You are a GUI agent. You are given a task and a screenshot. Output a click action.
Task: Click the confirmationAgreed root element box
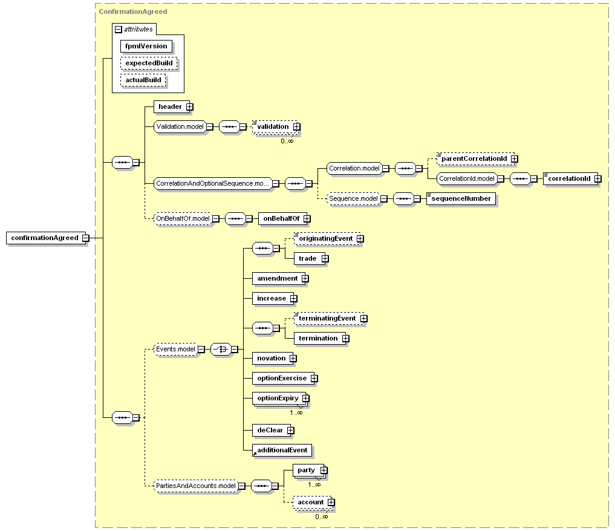pos(46,238)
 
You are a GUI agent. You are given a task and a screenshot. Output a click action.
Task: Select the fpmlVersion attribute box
pos(146,47)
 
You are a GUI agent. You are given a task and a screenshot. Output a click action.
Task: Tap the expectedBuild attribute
pos(149,63)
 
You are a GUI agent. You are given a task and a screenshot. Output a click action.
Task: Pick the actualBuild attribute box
pos(143,80)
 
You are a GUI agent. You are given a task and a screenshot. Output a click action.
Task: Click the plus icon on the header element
pos(190,106)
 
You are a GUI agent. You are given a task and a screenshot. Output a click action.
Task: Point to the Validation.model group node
pos(180,126)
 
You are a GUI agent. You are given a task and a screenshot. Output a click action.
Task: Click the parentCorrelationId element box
pos(476,159)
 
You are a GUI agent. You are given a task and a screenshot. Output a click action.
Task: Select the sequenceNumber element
pos(461,199)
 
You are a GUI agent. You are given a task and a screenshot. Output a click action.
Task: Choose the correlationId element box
pos(571,179)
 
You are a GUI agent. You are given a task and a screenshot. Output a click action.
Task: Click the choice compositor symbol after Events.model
pos(221,349)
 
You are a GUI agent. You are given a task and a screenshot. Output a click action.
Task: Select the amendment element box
pos(279,278)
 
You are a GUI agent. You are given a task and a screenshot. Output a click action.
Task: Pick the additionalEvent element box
pos(282,450)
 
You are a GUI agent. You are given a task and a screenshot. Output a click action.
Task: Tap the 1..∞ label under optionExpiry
pos(296,412)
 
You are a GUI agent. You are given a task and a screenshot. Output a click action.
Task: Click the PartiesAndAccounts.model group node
pos(196,486)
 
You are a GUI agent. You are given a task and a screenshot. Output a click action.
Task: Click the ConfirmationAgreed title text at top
pos(133,11)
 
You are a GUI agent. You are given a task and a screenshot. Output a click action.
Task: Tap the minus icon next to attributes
pos(119,30)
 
